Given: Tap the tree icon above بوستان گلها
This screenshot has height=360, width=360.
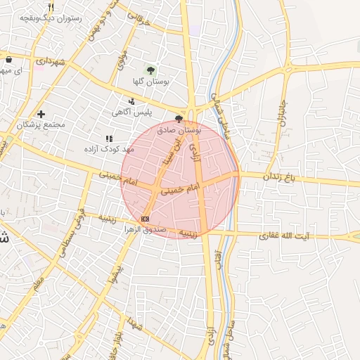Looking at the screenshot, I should (150, 70).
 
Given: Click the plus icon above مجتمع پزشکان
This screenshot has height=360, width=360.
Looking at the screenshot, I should (41, 114).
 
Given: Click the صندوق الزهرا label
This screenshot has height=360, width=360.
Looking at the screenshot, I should (146, 229).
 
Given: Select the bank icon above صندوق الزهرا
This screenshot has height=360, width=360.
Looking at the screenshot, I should (145, 219).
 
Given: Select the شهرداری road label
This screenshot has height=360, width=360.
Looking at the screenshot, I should (49, 62).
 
